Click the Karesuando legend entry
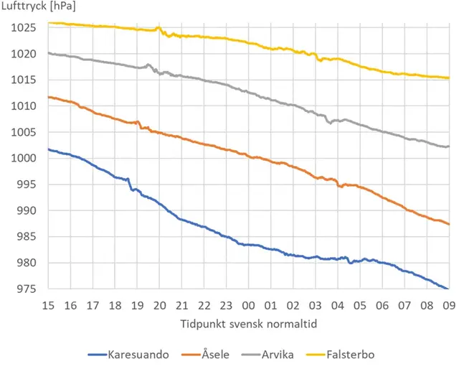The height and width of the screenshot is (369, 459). point(126,355)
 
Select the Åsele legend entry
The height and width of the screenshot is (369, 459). point(212,355)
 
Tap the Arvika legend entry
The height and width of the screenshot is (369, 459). point(283,355)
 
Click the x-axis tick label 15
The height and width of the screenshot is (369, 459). point(48,304)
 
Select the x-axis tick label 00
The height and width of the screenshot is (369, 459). point(248,304)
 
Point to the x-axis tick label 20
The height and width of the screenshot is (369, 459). point(159,304)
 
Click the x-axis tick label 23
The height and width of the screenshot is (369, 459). point(226,304)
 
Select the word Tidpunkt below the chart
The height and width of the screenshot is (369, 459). point(202,324)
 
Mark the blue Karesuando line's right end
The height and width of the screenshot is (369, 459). point(448,289)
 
